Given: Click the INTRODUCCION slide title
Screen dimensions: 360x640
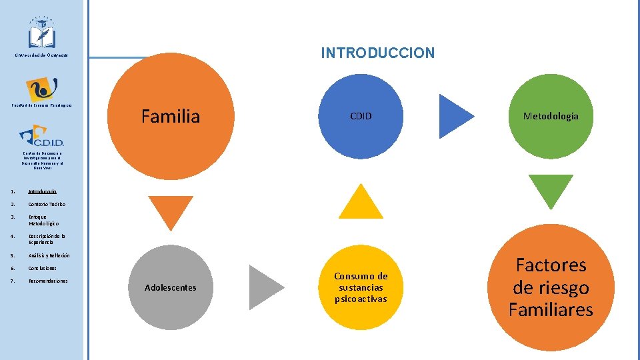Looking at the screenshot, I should pos(377,53).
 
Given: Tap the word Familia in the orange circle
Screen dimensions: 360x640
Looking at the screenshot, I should pos(170,117).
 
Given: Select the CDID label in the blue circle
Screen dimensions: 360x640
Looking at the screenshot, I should pos(361,116).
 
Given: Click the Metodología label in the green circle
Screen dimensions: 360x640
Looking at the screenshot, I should pos(551,116).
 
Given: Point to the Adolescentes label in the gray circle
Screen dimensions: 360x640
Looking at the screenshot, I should pos(170,287).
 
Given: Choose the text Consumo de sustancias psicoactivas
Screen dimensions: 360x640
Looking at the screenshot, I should pos(361,287).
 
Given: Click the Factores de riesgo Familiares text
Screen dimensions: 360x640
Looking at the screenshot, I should pos(551,287).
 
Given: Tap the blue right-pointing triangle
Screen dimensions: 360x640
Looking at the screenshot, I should pos(455,116).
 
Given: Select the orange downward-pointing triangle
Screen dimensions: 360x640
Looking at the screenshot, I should pos(170,213).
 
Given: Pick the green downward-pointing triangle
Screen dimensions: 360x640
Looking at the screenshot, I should pos(551,189).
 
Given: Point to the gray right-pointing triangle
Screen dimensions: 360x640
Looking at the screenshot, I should pos(265,287).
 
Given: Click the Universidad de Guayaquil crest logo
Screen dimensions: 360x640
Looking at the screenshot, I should pos(41,33).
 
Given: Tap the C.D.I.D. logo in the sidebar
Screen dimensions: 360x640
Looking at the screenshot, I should pos(41,137).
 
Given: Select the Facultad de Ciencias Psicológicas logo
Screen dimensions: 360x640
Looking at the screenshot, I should pos(41,89).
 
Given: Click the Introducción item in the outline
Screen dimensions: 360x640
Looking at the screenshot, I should pos(47,191).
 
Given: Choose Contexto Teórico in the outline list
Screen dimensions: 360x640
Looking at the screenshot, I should pos(47,204).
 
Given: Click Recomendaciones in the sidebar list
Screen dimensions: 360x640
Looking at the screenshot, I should pos(48,281).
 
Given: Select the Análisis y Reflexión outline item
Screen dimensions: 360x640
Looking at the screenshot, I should pos(49,255).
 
